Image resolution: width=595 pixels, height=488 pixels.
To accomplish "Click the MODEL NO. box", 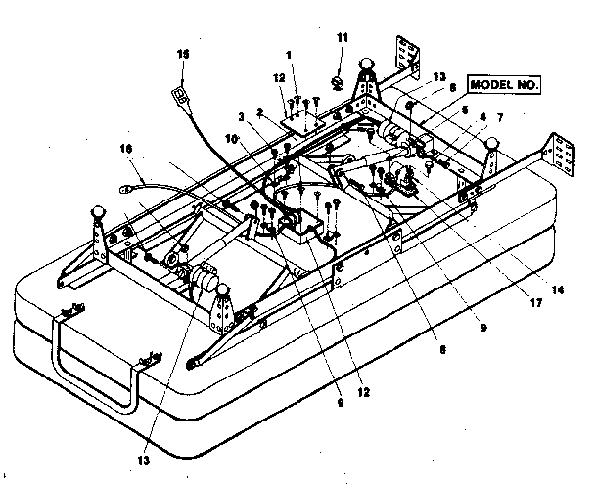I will [x=504, y=84].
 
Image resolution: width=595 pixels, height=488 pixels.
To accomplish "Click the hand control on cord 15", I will [x=180, y=94].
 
